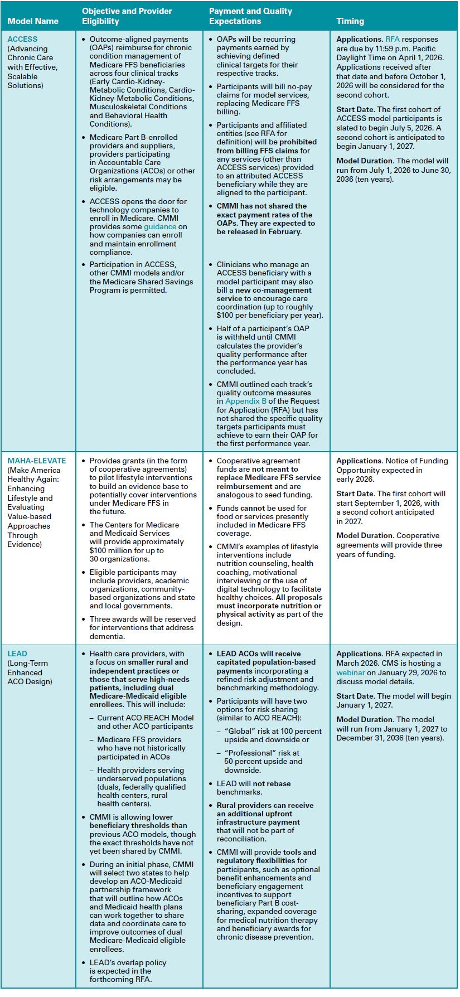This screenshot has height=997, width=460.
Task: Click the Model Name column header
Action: (x=33, y=21)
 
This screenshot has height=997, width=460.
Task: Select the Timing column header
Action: (x=350, y=21)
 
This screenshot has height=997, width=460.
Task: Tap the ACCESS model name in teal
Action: (x=23, y=39)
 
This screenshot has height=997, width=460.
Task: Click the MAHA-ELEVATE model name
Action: (x=37, y=461)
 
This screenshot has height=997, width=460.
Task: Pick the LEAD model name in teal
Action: (x=17, y=654)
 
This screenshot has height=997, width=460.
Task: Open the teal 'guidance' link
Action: (x=160, y=227)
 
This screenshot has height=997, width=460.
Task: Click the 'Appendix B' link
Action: (x=246, y=401)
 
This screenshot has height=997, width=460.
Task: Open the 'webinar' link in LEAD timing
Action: (x=351, y=672)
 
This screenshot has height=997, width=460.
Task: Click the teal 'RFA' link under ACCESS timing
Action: (x=393, y=39)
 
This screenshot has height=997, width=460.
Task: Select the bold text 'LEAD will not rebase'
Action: (x=254, y=783)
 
